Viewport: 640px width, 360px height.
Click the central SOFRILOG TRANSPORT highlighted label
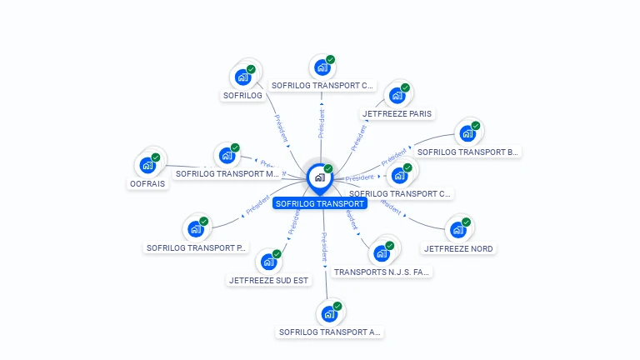(x=320, y=203)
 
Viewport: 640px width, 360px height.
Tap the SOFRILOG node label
(x=242, y=96)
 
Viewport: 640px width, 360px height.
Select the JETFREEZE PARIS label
(x=397, y=113)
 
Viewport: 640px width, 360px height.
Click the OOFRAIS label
(x=148, y=183)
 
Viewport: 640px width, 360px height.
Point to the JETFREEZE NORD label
(x=458, y=248)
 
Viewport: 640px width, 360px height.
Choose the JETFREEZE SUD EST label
(x=269, y=280)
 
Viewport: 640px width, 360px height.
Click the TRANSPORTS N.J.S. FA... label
(x=382, y=272)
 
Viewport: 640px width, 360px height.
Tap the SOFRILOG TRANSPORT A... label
(x=329, y=332)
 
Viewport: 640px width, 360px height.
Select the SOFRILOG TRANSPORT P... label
(x=197, y=247)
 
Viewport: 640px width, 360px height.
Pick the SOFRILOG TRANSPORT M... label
(x=227, y=174)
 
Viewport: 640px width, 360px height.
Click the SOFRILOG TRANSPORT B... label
(x=468, y=152)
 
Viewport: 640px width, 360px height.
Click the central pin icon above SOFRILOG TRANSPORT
(x=319, y=177)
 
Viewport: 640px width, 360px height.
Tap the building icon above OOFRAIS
(x=148, y=164)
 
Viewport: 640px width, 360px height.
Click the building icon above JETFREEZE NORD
(x=457, y=230)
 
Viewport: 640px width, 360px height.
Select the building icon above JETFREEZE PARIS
(x=397, y=95)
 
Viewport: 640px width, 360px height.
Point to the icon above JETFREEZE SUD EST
(x=268, y=262)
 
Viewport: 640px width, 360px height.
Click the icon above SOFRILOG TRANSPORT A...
(x=328, y=314)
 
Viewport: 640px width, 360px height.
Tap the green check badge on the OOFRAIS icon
(x=156, y=157)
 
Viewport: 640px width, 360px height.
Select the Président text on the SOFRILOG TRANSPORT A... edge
(x=323, y=247)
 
